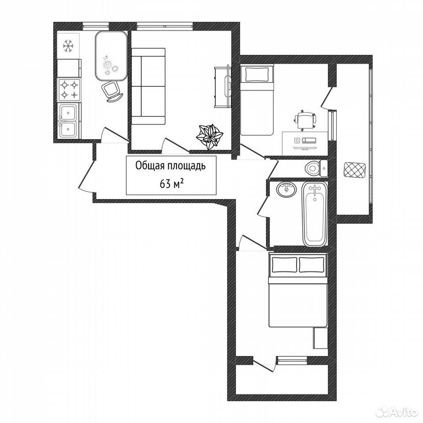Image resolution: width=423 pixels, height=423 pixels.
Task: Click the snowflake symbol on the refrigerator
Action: pos(68,46)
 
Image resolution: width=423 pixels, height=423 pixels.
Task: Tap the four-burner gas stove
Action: pos(69,90)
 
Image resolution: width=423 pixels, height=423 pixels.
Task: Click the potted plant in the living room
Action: pos(210,136)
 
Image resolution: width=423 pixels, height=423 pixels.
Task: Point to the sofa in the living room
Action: pos(148,86)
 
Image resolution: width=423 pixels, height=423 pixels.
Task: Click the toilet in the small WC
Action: pos(316,168)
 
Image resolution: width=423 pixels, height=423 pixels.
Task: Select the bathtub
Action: pos(315,214)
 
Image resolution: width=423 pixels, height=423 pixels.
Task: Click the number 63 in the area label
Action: pos(165,184)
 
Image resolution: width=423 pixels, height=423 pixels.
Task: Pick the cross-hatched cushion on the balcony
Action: pos(355,170)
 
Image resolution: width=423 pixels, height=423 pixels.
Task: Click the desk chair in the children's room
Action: pos(305,120)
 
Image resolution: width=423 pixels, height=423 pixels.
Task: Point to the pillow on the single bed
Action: pos(257,74)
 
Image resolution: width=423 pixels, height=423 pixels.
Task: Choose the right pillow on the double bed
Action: pos(312,265)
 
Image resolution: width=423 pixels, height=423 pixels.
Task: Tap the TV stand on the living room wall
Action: pos(223,87)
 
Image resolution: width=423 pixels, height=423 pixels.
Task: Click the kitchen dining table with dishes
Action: pos(111,56)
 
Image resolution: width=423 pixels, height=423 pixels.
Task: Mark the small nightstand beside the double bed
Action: pos(320,338)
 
